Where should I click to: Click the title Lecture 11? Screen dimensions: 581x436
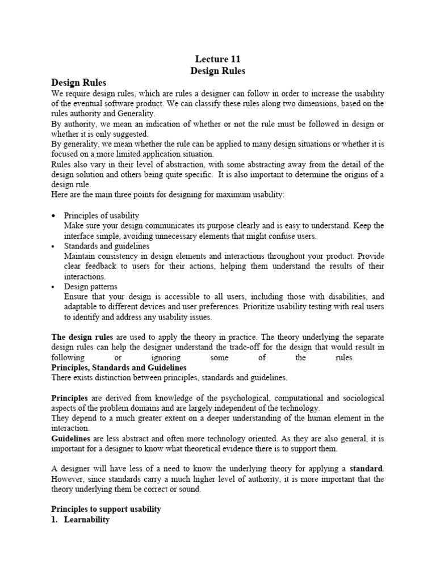point(217,58)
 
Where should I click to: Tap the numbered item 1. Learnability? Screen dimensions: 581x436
point(80,520)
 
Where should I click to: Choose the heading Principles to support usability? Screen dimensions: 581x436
point(106,509)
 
